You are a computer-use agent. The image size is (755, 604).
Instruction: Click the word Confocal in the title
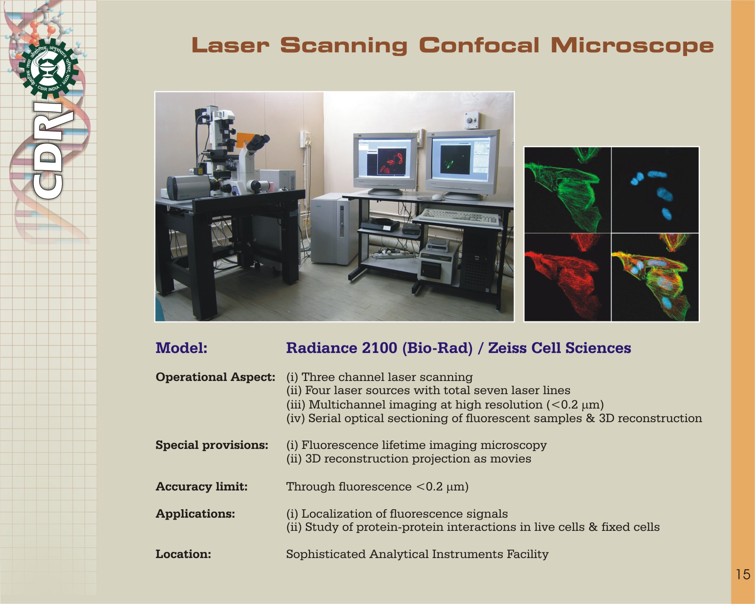pos(479,46)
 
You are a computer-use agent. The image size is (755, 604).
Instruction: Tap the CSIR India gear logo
pos(48,68)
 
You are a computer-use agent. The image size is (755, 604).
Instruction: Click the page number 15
pos(743,574)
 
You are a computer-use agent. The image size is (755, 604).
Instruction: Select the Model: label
pos(181,348)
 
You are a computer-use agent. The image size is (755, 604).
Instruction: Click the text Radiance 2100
pos(342,348)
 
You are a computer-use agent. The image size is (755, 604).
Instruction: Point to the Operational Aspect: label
pos(215,377)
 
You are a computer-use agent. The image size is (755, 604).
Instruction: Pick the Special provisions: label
pos(212,445)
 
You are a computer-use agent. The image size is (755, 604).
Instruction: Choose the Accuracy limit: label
pos(201,486)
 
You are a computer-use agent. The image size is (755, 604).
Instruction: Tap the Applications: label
pos(195,514)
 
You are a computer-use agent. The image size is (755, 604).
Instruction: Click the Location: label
pos(183,554)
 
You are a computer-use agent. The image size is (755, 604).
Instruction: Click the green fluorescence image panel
pos(568,190)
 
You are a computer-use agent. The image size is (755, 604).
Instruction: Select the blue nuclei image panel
pos(655,190)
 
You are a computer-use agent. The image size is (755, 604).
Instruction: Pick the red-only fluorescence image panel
pos(568,277)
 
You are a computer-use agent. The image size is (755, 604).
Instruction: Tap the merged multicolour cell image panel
pos(655,277)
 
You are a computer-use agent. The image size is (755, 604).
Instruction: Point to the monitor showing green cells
pos(462,164)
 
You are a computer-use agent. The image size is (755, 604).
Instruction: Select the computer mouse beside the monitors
pos(437,197)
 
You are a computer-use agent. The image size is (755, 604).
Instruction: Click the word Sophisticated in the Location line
pos(326,554)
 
